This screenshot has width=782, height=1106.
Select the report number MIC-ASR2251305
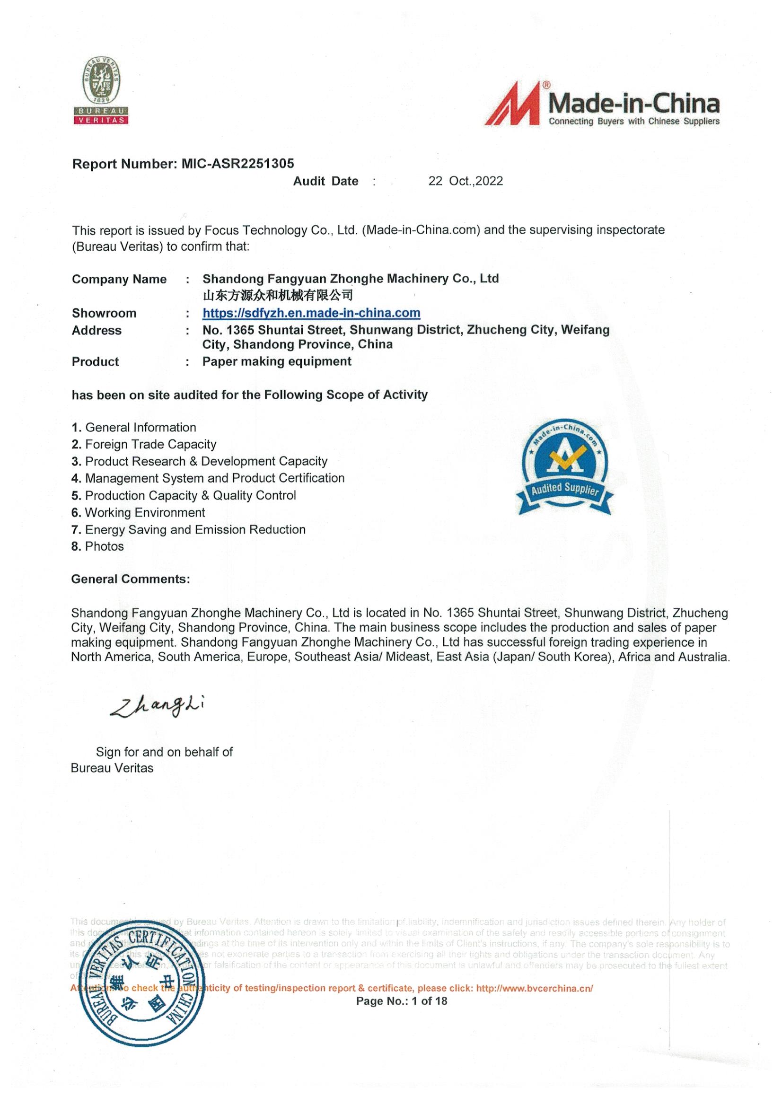pos(237,164)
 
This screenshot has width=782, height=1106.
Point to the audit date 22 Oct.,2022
pos(466,181)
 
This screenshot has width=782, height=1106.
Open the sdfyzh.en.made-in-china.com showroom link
pos(311,313)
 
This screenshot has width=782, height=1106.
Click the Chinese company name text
pos(278,295)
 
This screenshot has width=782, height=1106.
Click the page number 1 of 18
pos(401,1001)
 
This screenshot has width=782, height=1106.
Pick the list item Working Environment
pos(138,512)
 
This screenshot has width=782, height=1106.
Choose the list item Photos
pos(98,546)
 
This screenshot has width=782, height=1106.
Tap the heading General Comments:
pos(131,579)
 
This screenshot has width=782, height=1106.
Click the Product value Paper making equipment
pos(277,362)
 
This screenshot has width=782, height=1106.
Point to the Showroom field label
pos(104,313)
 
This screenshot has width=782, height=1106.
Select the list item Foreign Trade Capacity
pos(144,444)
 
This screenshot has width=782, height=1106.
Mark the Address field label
pos(97,331)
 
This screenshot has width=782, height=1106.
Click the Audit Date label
pos(325,181)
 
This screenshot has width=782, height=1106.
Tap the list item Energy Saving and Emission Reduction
pos(188,529)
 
